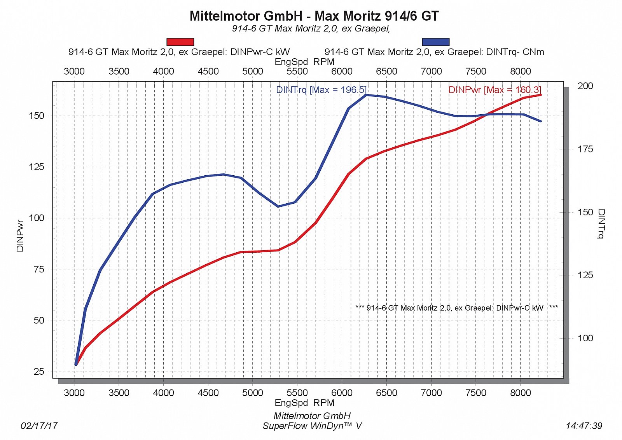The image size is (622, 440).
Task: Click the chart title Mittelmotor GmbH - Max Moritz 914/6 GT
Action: [x=314, y=16]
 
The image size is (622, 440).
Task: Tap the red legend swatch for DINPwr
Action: [x=180, y=42]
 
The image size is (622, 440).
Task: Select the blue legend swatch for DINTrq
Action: [x=435, y=42]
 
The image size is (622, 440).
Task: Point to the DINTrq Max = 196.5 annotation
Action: [x=321, y=90]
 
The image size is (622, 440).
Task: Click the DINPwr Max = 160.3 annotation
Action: [x=494, y=90]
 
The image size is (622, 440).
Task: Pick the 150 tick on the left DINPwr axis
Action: [x=37, y=116]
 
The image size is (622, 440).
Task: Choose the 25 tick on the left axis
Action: [x=39, y=372]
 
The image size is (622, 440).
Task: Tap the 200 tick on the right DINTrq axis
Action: [x=585, y=86]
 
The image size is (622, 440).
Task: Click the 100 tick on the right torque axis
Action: [x=585, y=338]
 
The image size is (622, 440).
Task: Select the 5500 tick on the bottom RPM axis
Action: [x=297, y=393]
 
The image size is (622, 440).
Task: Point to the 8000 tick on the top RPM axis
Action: [x=520, y=72]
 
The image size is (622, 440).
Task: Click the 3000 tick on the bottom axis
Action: [x=74, y=393]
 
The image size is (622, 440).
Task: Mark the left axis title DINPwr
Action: [x=20, y=236]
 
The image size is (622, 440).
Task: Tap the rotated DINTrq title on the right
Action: [x=601, y=224]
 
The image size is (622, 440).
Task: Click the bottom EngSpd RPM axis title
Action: [x=304, y=403]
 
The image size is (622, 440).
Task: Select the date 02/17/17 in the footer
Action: [x=39, y=426]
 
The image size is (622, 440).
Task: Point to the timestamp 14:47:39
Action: [x=584, y=426]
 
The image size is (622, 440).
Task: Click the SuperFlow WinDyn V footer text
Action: [x=312, y=426]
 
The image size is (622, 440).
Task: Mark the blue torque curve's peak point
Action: [x=366, y=95]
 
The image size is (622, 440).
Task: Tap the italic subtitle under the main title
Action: [x=311, y=28]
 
